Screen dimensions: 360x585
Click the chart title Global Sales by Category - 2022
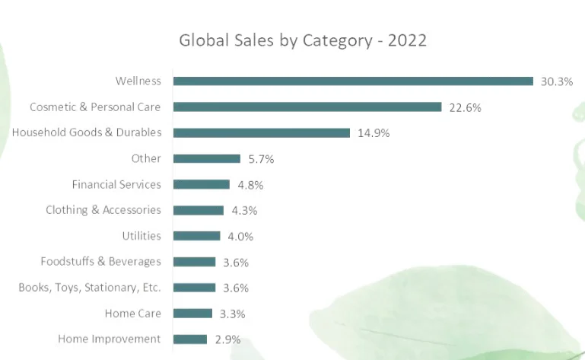(303, 40)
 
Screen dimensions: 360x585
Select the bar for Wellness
(353, 81)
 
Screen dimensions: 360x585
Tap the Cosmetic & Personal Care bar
(307, 107)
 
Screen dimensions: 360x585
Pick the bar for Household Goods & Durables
(262, 132)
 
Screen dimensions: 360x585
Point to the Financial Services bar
(202, 184)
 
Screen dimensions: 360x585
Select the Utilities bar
(197, 236)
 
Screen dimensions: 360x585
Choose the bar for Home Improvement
(190, 339)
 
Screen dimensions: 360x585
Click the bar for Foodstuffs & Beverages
(195, 262)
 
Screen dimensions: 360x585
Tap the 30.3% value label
(557, 81)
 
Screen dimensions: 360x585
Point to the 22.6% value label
(465, 107)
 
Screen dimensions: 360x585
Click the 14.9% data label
(374, 133)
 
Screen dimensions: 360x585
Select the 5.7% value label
(261, 159)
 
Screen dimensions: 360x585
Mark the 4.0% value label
(240, 237)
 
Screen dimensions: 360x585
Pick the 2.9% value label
(227, 339)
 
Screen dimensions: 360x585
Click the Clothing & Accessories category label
(103, 210)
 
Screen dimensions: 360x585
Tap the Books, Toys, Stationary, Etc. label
(90, 288)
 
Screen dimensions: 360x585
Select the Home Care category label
(133, 313)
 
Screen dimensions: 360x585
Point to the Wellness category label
(138, 81)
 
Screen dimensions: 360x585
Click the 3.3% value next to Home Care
(233, 314)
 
